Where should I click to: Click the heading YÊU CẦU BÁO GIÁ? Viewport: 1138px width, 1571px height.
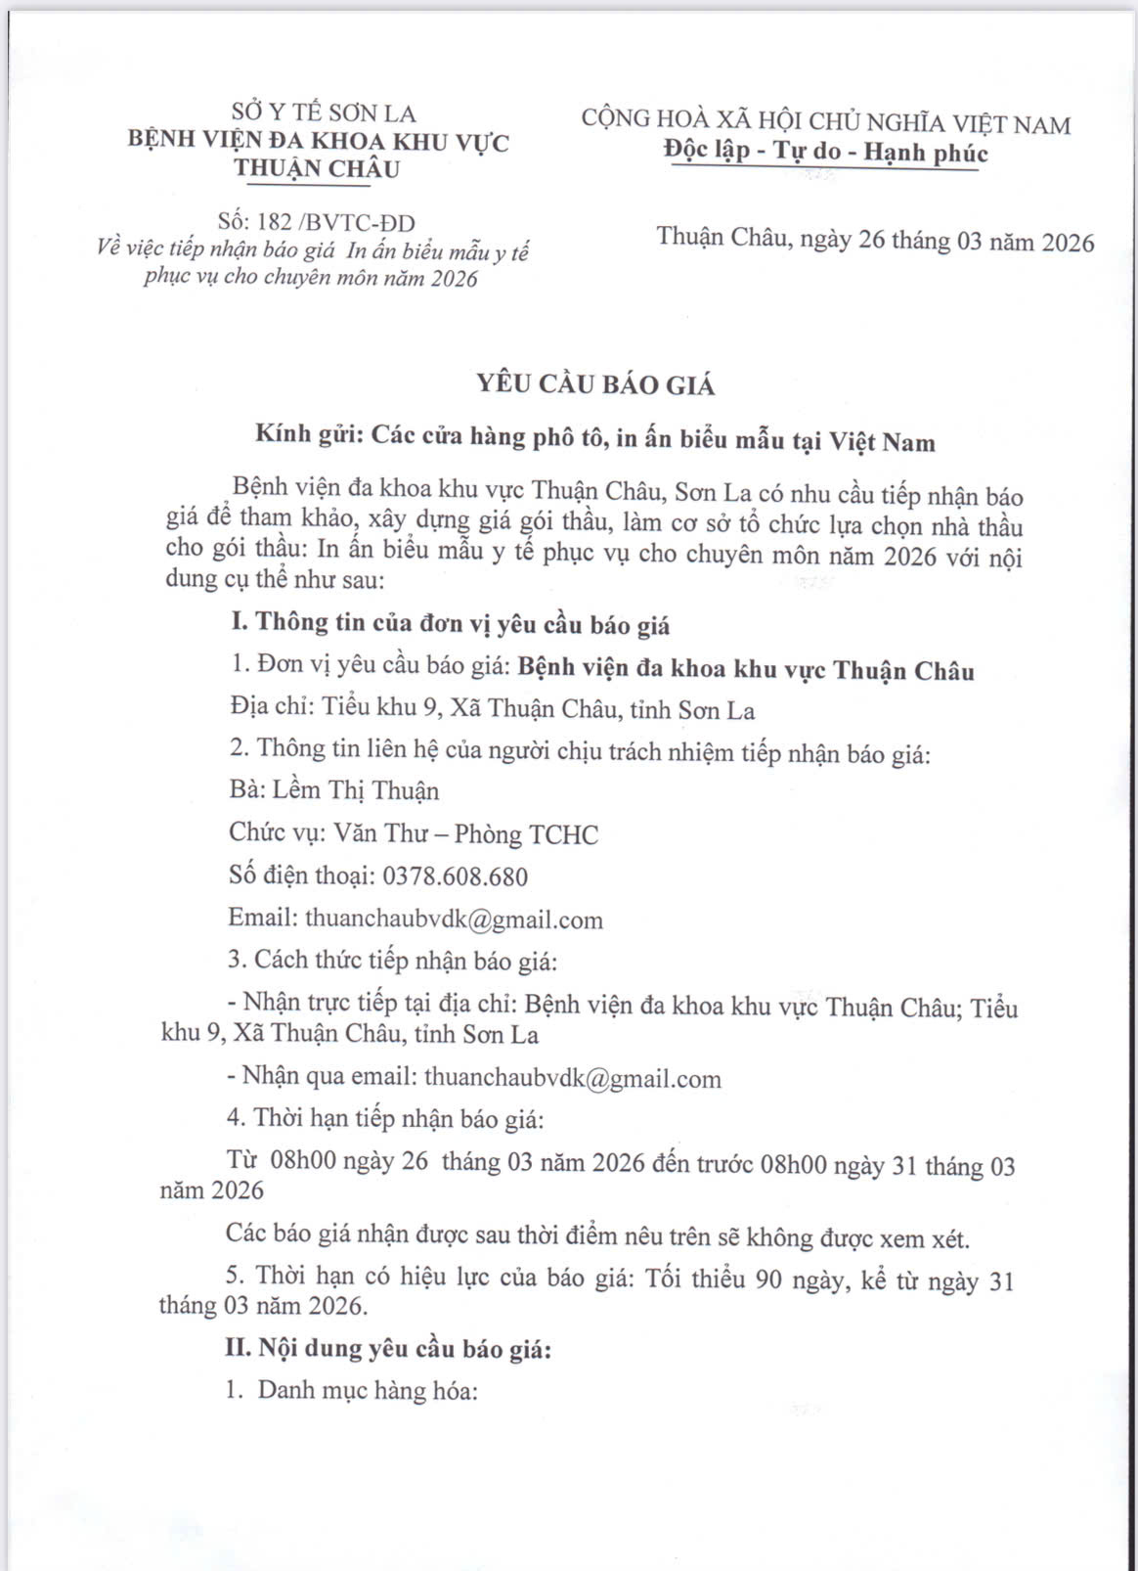point(595,384)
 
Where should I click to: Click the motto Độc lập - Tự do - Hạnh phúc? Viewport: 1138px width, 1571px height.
point(825,153)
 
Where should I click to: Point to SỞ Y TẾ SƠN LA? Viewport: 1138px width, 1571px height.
point(324,113)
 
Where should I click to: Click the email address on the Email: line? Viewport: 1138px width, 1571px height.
point(454,920)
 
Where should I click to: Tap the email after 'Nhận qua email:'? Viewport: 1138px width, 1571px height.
point(573,1079)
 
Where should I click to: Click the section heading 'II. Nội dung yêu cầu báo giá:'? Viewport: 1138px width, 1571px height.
point(388,1349)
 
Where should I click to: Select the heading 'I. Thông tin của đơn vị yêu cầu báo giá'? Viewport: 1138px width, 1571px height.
point(450,624)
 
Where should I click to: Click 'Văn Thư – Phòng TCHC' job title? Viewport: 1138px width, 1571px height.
point(465,834)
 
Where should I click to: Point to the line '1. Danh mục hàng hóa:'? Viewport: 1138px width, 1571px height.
point(352,1390)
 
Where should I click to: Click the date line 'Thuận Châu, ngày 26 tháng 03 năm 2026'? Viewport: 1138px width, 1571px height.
point(875,241)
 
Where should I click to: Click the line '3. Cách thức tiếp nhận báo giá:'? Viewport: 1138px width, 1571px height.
point(392,961)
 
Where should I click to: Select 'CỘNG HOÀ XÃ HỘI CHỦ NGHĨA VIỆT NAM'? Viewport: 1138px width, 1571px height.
point(825,122)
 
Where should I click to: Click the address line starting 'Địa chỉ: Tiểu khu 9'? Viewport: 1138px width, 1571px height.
point(492,710)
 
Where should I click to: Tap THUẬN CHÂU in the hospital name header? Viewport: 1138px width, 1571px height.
point(317,168)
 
